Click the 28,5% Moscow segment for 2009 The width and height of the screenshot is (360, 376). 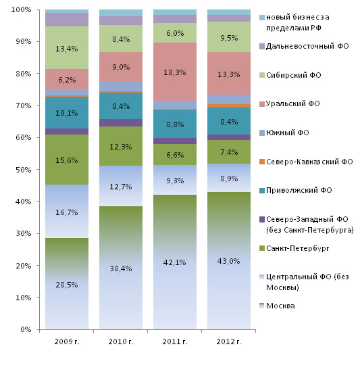(x=67, y=283)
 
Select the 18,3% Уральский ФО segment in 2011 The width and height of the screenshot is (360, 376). (x=175, y=72)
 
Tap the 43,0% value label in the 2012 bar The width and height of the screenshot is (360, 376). (x=229, y=261)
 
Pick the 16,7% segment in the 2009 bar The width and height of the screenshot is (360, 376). (x=67, y=211)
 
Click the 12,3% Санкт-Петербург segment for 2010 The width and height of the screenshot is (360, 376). (x=121, y=146)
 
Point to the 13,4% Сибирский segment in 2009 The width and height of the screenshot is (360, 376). (x=67, y=48)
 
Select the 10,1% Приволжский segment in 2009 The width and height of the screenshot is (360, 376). (x=67, y=112)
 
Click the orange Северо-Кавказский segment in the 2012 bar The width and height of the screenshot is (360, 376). (x=229, y=105)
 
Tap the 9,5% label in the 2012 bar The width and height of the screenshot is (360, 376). (x=229, y=38)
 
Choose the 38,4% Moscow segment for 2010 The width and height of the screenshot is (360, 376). (x=121, y=268)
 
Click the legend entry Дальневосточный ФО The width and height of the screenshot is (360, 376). (x=304, y=46)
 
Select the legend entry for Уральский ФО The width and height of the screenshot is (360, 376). (x=290, y=103)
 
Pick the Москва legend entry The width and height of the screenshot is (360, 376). (x=277, y=306)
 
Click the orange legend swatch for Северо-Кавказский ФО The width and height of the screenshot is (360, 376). (x=262, y=162)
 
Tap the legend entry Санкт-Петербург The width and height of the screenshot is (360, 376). (x=294, y=248)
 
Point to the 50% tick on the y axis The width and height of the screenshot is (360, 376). (x=38, y=169)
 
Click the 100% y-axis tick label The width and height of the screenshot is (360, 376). (x=21, y=9)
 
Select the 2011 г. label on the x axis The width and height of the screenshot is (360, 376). (x=175, y=342)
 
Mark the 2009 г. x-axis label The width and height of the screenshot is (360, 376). (x=67, y=342)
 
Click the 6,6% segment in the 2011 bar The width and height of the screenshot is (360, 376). (x=175, y=154)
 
